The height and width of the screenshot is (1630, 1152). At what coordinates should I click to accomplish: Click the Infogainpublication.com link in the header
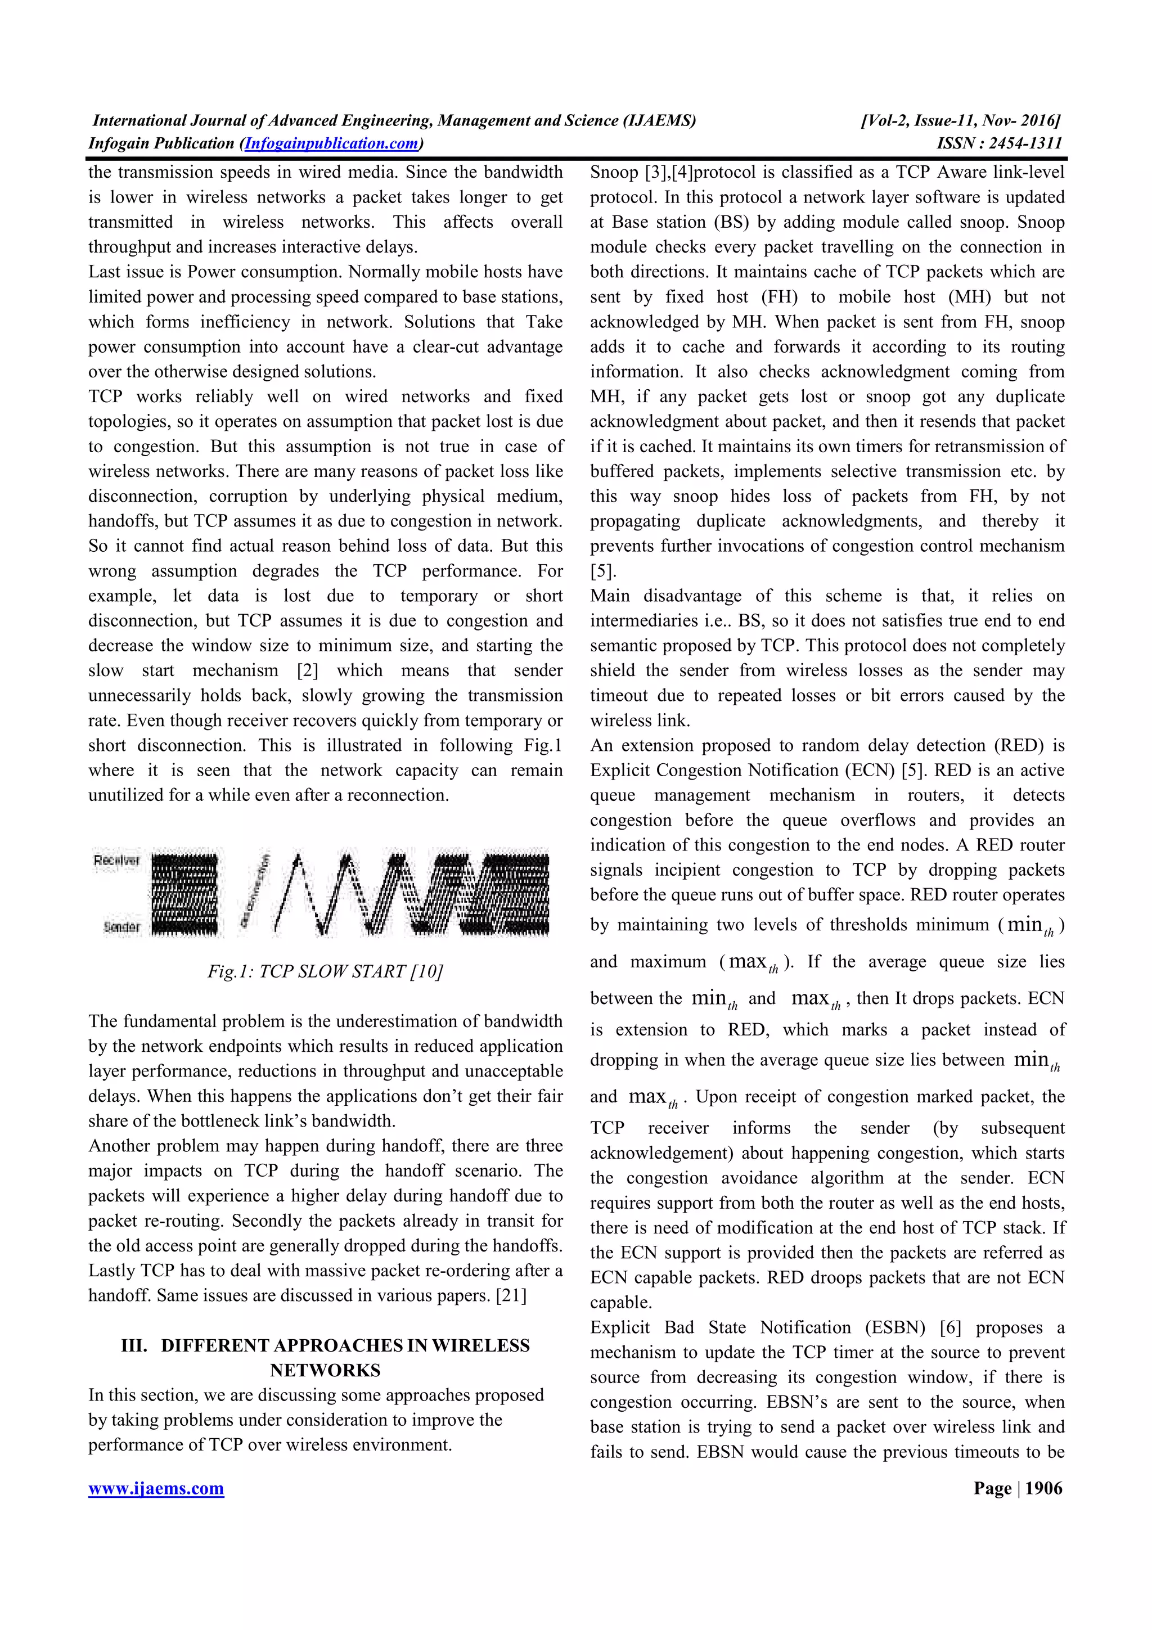[331, 143]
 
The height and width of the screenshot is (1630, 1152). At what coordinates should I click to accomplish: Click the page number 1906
[1044, 1488]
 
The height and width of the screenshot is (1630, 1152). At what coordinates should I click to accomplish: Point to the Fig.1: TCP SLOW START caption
[325, 971]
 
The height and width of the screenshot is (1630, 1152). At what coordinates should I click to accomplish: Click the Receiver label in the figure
[116, 861]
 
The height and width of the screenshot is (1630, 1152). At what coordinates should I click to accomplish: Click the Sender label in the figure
[121, 926]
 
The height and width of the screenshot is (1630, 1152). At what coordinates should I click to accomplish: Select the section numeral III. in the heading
[133, 1345]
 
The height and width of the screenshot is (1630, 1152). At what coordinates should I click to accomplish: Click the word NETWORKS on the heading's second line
[325, 1370]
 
